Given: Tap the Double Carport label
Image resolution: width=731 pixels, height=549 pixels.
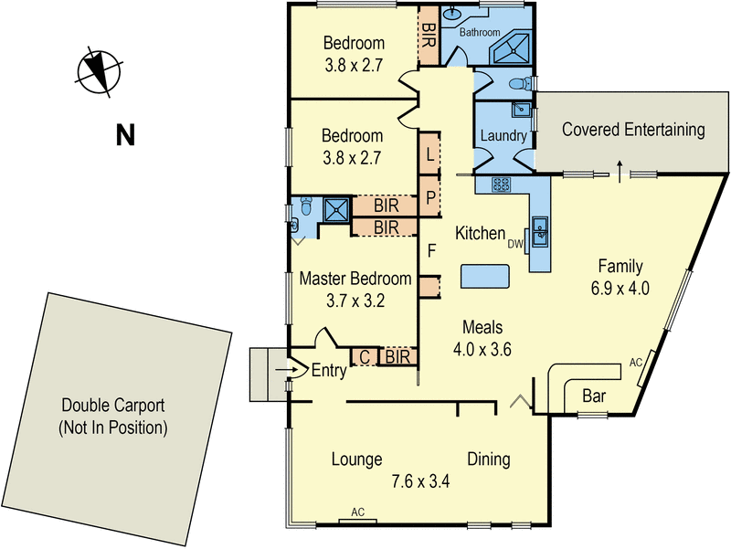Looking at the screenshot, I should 113,416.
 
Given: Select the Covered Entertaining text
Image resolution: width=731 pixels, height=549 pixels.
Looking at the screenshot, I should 633,130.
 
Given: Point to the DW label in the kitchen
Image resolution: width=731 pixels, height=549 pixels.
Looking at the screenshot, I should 515,244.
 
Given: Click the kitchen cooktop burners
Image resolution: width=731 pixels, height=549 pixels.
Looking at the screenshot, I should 502,185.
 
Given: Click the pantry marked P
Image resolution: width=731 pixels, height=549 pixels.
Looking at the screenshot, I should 429,196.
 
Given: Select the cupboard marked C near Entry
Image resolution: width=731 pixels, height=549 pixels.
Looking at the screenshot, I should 364,357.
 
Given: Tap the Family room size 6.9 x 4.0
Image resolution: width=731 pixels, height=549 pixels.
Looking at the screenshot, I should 620,289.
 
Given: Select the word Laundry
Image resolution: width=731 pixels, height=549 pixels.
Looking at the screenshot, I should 503,137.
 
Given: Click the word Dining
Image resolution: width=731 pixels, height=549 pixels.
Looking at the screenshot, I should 488,459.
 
